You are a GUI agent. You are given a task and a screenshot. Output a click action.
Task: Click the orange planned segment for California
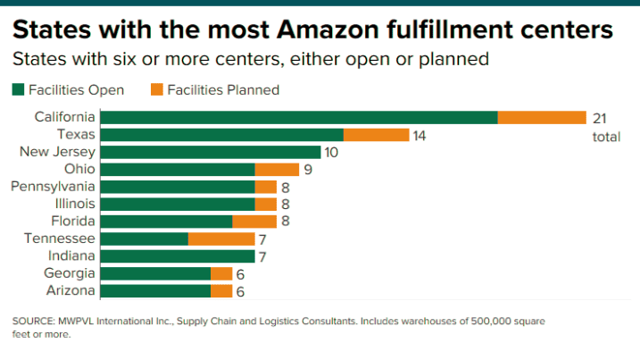pos(541,117)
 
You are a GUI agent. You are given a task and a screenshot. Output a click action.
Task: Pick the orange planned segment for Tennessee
pos(221,239)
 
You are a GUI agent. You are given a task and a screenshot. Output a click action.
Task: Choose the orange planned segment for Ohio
pos(277,169)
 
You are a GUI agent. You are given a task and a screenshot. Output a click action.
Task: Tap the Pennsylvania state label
pos(52,187)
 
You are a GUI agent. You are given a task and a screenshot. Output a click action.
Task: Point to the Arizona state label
pos(71,290)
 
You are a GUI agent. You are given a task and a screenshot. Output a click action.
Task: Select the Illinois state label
pos(74,204)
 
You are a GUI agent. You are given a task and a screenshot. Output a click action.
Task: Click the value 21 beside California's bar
pos(600,118)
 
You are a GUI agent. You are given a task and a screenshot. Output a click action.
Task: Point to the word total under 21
pos(606,137)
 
